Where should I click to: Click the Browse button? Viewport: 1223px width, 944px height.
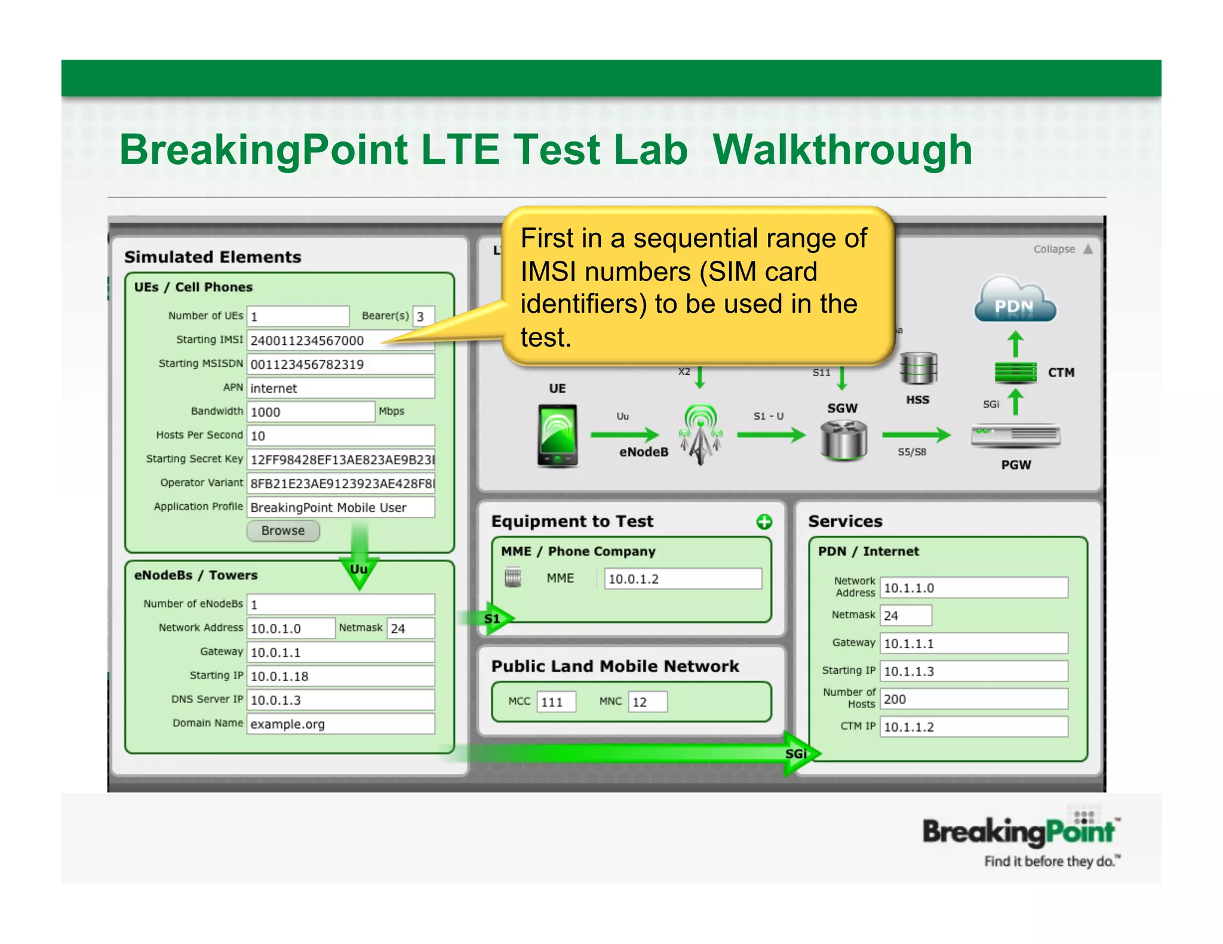coord(283,530)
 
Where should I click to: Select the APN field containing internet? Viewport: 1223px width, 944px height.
coord(340,388)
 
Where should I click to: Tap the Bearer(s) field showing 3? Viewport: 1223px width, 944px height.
coord(423,316)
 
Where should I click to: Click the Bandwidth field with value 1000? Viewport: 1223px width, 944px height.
coord(311,412)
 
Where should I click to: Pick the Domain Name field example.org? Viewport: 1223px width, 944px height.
coord(340,724)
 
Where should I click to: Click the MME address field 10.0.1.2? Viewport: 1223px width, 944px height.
coord(683,579)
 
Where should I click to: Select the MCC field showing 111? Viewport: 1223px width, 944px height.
coord(556,702)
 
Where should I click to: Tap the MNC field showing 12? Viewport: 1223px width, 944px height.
coord(647,702)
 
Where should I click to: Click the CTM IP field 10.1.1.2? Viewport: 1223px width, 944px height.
coord(973,727)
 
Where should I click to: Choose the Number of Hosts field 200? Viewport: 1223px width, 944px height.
coord(973,699)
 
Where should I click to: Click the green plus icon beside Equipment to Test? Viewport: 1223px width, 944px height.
coord(764,522)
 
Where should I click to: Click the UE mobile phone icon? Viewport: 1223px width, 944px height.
coord(557,436)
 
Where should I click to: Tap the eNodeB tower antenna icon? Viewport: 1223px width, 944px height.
coord(700,434)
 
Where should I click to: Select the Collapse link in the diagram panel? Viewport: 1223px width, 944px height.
coord(1055,249)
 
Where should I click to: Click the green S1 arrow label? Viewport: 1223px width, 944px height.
coord(493,619)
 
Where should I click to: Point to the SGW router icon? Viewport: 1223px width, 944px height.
coord(843,440)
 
